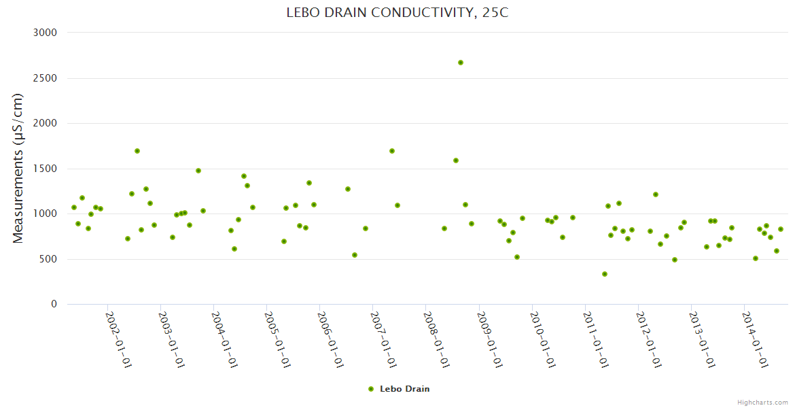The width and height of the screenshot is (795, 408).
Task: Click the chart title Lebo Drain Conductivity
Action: [397, 13]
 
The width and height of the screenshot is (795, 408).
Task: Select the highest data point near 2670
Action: [461, 63]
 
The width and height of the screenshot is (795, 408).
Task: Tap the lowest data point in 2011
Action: [605, 274]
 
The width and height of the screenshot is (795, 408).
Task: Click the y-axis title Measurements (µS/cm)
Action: [18, 168]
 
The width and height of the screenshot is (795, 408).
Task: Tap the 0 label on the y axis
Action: [53, 304]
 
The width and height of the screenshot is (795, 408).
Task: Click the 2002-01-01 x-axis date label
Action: [118, 340]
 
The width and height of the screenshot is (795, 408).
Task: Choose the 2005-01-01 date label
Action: [277, 340]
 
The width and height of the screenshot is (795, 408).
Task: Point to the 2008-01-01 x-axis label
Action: [436, 340]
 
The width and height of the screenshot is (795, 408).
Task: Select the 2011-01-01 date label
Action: [595, 340]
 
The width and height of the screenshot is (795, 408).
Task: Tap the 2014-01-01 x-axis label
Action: [754, 340]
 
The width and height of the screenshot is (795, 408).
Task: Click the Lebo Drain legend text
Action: [404, 389]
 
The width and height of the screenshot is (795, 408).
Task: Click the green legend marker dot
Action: [371, 389]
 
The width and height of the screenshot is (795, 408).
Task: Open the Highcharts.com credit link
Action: [762, 402]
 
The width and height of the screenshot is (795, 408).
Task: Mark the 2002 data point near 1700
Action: [137, 151]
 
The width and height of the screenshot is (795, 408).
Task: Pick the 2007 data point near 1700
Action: [392, 151]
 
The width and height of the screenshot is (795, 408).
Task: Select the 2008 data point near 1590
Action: [456, 160]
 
